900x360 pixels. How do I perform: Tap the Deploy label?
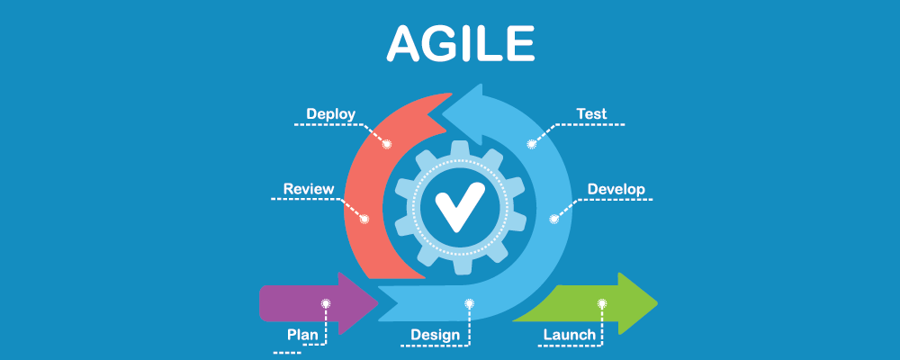pos(330,114)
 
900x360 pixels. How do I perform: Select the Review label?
pos(309,189)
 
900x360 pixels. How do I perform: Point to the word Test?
pos(591,114)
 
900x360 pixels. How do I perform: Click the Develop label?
pos(616,189)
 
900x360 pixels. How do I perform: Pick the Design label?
pos(436,335)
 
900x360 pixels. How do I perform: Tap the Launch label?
pos(569,335)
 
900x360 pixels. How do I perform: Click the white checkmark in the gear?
pos(459,207)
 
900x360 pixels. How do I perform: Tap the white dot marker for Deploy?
pos(388,143)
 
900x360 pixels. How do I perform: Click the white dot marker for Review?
pos(364,219)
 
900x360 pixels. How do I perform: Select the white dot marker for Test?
pos(532,143)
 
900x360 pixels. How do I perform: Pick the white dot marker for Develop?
pos(554,218)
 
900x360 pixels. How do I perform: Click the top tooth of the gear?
pos(459,148)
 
